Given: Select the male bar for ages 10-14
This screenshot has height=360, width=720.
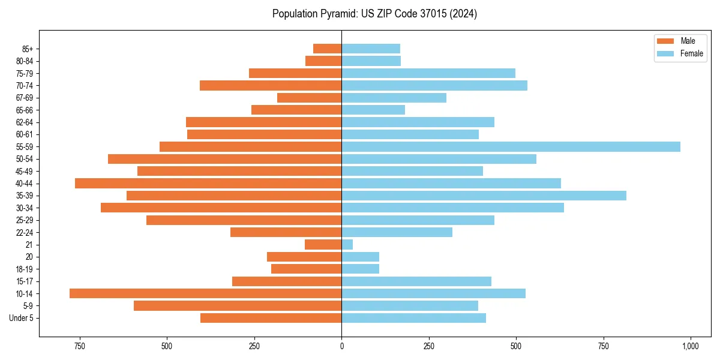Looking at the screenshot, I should coord(205,293).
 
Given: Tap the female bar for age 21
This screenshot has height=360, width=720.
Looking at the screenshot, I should coord(347,245).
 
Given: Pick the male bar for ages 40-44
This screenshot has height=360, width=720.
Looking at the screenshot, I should coord(208,184).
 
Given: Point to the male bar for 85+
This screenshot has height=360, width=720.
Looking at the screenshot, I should coord(327,49).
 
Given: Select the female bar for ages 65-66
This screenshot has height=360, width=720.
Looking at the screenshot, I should coord(373,110).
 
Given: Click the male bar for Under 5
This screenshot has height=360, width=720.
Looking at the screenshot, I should coord(271,318).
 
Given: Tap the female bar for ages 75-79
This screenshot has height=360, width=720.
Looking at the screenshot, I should coord(428,73).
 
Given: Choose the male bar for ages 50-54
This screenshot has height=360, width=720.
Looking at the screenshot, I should coord(224,159).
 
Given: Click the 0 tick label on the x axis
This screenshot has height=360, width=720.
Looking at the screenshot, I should coord(341,346).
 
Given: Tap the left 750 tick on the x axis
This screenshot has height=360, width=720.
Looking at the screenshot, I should coord(79,346).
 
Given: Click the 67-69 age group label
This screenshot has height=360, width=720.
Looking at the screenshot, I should coord(25,98).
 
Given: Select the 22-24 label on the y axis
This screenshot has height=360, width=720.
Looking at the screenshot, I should coord(25,233).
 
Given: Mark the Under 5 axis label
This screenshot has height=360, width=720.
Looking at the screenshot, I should coord(22,318).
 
